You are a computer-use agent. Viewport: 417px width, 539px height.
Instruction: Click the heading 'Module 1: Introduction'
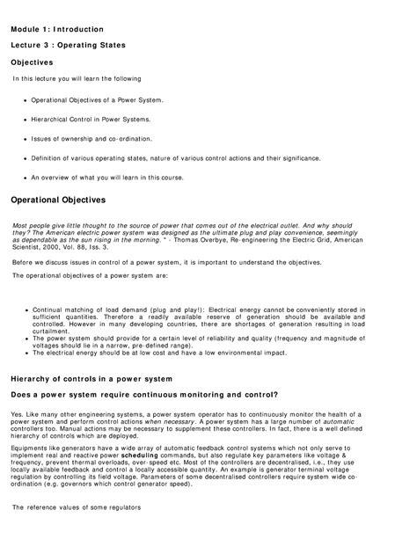tap(56, 29)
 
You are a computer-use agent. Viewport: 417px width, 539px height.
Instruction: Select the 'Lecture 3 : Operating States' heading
tap(68, 46)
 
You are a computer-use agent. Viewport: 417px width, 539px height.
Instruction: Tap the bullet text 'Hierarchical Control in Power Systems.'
tap(91, 118)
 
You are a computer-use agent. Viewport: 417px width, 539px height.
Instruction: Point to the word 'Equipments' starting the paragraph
tap(30, 448)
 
